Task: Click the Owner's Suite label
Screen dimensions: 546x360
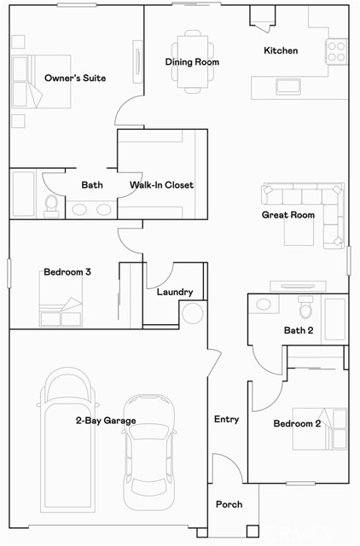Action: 75,78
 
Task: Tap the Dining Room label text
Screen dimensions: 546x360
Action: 192,62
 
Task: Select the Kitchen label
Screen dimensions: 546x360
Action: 281,51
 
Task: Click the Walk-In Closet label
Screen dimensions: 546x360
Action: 161,185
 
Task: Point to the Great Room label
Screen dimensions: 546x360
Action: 287,215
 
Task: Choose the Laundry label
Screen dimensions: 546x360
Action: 174,293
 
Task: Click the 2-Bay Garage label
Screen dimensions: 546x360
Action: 105,421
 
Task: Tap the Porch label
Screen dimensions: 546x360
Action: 228,505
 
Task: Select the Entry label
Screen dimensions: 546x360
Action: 226,420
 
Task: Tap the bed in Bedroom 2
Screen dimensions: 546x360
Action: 320,429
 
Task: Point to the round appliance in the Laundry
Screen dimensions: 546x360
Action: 192,312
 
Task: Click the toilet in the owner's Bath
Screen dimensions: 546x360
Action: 51,204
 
